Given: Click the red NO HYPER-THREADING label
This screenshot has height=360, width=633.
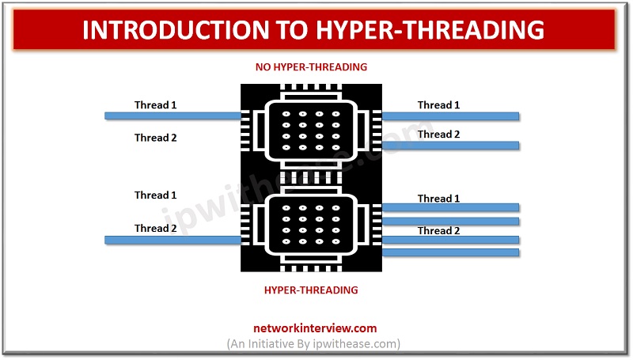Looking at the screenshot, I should pos(311,67).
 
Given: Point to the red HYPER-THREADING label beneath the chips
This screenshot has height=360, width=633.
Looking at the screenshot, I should pos(311,290).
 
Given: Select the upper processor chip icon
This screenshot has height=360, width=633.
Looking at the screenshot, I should pos(311,127).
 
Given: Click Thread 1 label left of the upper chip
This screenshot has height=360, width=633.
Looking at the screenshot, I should pos(156,104).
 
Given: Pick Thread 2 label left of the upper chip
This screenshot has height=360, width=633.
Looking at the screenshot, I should pos(156,138).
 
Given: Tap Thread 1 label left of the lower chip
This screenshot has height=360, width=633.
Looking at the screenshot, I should pos(156,195).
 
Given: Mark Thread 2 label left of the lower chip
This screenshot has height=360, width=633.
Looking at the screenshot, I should pos(156,228).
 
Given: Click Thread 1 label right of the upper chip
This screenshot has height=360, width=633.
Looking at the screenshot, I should pos(439,104).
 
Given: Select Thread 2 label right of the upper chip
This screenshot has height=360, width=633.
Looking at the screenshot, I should pos(439,134).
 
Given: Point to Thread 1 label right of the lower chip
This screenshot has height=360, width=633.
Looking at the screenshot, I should pos(439,198).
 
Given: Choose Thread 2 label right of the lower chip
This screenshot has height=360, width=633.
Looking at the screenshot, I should pos(439,230).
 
